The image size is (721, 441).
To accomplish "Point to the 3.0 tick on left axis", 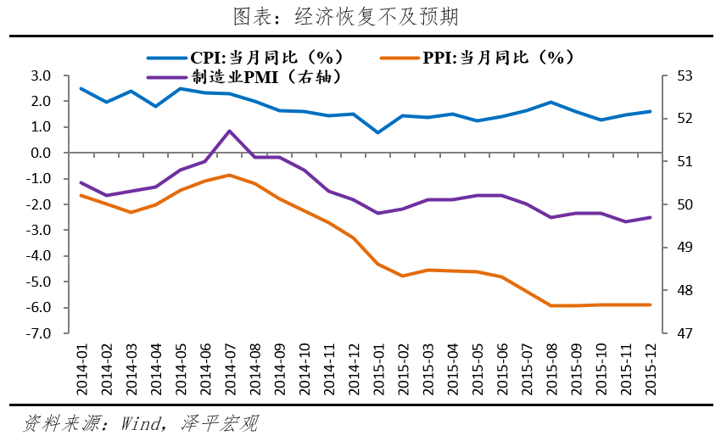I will point(39,76).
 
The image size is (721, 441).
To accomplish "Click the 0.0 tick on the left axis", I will point(39,154).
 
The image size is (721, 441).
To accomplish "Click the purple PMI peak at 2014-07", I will point(229,131).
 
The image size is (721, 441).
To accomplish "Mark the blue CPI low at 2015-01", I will point(377,132).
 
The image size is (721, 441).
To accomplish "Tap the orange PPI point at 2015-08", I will point(551,305).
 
